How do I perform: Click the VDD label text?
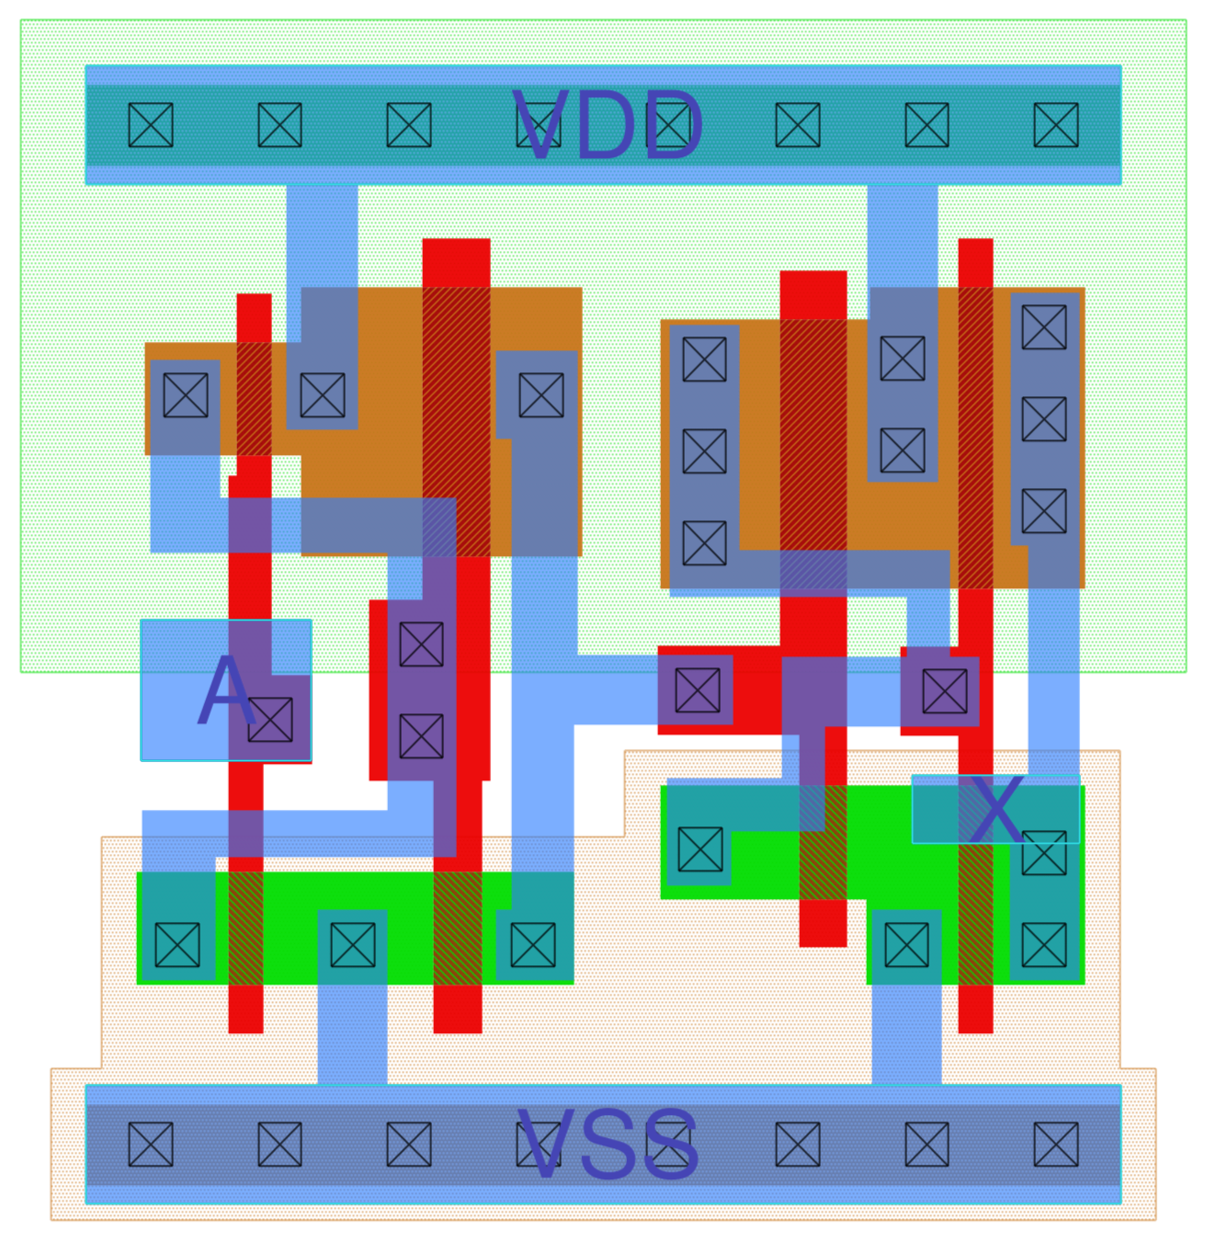coord(608,126)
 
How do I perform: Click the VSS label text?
coord(608,1144)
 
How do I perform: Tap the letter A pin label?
coord(226,691)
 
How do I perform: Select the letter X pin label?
coord(996,809)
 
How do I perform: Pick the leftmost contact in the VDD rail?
coord(151,125)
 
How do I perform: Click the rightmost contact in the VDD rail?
coord(1055,125)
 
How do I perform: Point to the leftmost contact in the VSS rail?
coord(151,1144)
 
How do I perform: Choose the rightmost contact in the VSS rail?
coord(1055,1144)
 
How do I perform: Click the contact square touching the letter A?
coord(270,719)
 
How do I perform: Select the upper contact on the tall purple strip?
coord(421,644)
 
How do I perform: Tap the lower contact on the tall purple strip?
coord(421,736)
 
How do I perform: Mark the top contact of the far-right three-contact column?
coord(1044,327)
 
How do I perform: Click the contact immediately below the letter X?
coord(1044,853)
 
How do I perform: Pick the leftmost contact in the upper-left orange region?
coord(186,395)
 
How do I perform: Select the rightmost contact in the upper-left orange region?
coord(540,395)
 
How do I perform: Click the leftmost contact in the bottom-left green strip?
coord(177,944)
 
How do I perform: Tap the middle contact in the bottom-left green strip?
coord(352,944)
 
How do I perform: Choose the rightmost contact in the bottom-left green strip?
coord(533,944)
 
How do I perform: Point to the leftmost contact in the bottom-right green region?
coord(700,849)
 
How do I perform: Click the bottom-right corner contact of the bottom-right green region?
coord(1044,944)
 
